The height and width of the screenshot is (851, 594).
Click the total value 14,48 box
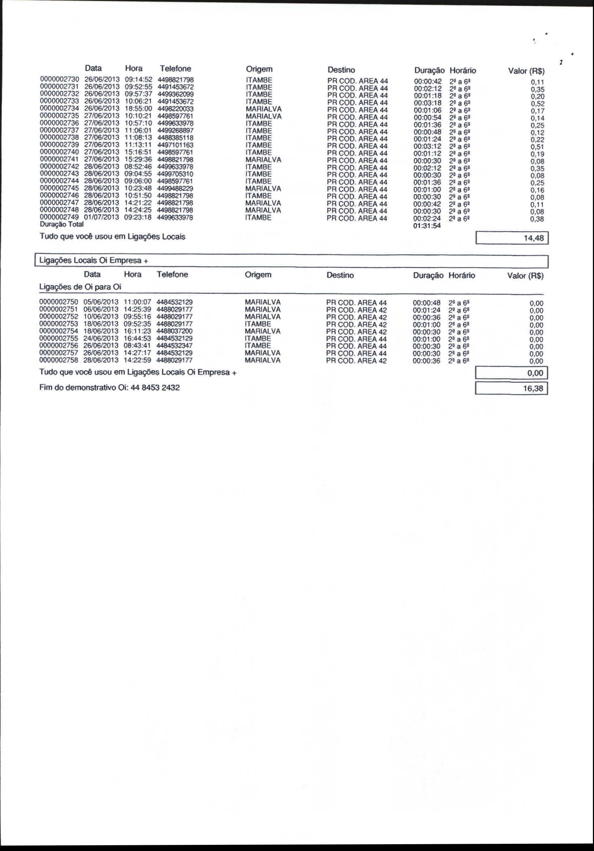point(512,238)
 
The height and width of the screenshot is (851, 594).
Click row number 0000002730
point(59,80)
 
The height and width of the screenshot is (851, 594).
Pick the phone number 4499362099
point(176,94)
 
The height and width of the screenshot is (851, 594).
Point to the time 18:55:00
point(138,109)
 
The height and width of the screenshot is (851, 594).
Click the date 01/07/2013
point(101,217)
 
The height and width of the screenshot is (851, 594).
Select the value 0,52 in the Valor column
point(537,104)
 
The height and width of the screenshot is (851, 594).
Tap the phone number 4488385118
point(175,138)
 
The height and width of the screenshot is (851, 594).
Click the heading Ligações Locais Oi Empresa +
point(94,261)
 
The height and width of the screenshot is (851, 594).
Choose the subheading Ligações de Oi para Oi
point(80,287)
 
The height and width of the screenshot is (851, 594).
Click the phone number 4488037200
point(175,331)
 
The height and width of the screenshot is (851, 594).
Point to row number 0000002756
point(59,346)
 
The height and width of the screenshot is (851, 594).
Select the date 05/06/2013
point(100,302)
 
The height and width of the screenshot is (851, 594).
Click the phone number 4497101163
point(175,145)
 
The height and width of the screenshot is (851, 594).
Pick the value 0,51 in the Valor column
point(537,147)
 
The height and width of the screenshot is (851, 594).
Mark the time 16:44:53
point(137,338)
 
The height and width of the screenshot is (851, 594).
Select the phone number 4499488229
point(175,188)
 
